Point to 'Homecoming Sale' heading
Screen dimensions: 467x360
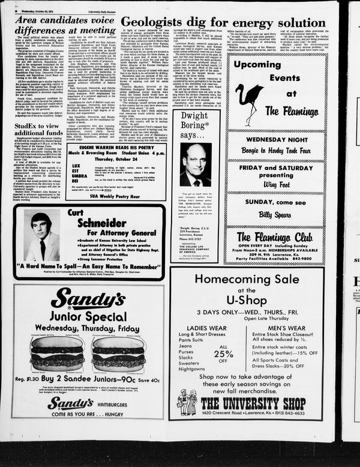(x=247, y=279)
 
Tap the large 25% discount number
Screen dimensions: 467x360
(x=223, y=354)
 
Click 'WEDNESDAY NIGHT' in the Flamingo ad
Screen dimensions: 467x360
(x=277, y=139)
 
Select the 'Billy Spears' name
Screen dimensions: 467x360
(x=274, y=214)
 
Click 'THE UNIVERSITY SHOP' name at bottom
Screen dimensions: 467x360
(x=253, y=402)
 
